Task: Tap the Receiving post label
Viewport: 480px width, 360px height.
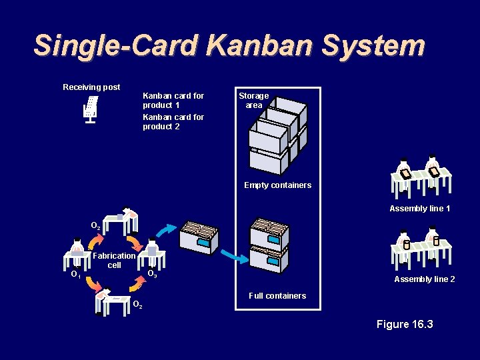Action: point(91,87)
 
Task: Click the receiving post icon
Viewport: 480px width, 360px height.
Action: point(91,109)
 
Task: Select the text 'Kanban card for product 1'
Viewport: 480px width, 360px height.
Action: point(173,101)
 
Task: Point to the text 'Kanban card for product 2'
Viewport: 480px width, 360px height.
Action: point(173,122)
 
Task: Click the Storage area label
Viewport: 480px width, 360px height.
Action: point(254,101)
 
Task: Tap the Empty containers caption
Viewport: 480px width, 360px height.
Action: point(277,185)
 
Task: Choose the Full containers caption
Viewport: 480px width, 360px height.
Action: point(277,296)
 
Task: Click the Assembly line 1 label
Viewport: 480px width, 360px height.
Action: point(420,209)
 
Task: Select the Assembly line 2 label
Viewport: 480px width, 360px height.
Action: point(425,279)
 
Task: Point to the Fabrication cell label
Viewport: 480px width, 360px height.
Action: point(115,261)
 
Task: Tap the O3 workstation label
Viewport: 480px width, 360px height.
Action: point(152,274)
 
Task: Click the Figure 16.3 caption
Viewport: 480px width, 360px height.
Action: point(405,325)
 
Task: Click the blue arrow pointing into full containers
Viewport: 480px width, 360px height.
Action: point(233,255)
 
